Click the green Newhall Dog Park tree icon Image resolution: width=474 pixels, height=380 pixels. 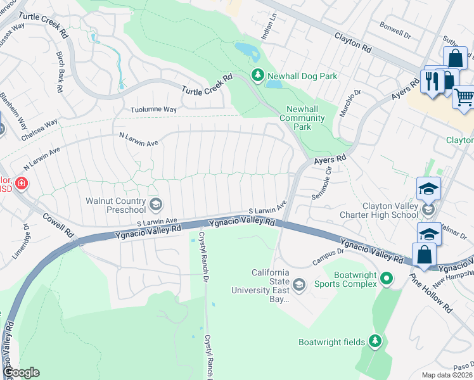[x=257, y=76]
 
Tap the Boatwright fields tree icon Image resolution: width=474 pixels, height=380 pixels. [x=376, y=342]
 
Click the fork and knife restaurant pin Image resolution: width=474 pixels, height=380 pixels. [x=433, y=81]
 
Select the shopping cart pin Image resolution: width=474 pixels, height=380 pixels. [x=464, y=97]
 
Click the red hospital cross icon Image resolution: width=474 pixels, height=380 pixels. [x=22, y=184]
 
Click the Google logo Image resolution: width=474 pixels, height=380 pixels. [x=21, y=372]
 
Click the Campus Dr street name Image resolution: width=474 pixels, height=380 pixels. [x=328, y=256]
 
